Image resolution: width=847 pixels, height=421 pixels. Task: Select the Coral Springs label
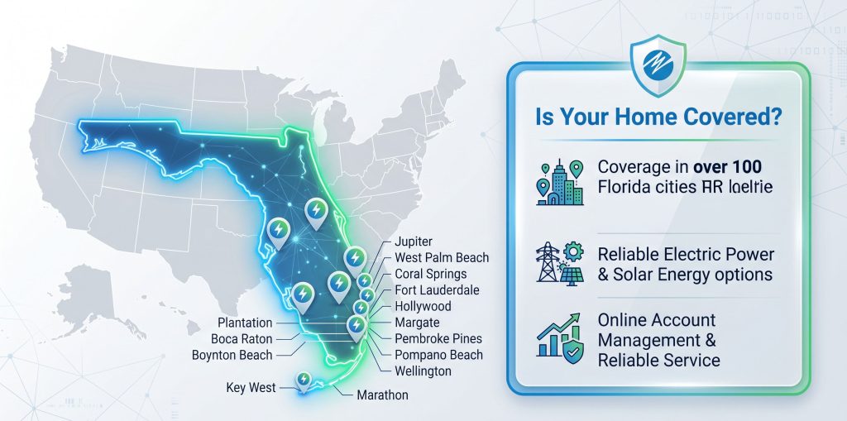point(430,274)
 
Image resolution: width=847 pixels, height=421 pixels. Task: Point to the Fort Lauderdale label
point(437,289)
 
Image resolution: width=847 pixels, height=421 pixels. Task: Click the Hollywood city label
point(423,306)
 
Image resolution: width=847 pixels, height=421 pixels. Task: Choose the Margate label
point(417,322)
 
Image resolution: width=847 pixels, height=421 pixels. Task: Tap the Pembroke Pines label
point(438,338)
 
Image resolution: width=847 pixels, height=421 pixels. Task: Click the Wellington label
point(423,371)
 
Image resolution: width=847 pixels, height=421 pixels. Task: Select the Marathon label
point(382,395)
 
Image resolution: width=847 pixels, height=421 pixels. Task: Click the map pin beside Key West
point(304,380)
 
